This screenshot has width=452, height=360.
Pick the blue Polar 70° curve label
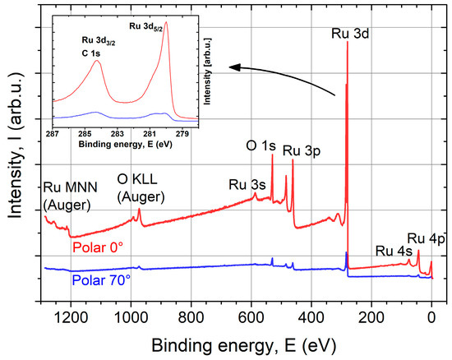(x=101, y=279)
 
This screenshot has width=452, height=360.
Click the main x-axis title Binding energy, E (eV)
(x=251, y=340)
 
